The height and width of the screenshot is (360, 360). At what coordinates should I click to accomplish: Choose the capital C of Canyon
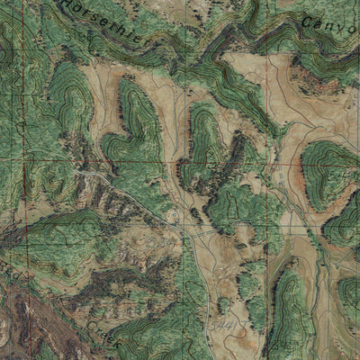click(x=307, y=20)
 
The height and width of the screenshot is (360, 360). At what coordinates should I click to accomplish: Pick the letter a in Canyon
click(x=319, y=24)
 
